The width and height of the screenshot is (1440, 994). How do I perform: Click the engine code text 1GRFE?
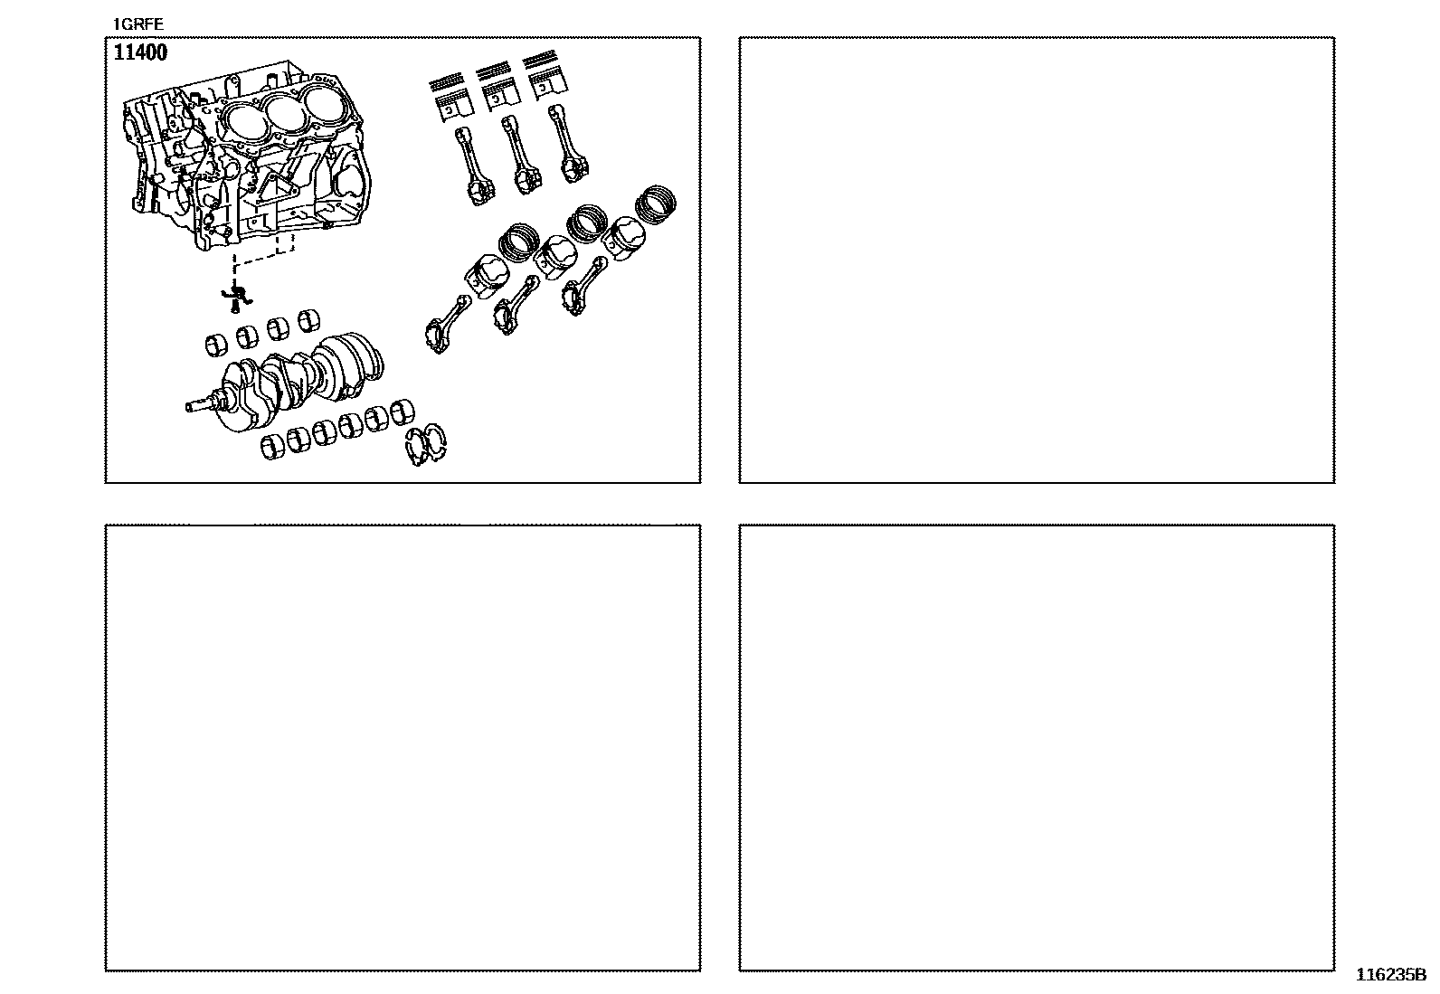point(138,24)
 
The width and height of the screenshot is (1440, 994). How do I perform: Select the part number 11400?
point(140,52)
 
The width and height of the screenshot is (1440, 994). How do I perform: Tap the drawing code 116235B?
point(1391,975)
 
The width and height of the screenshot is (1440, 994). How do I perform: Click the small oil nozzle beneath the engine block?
point(237,298)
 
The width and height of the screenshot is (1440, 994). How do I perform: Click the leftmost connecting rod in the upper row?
point(474,166)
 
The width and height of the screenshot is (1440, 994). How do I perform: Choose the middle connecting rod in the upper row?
point(521,155)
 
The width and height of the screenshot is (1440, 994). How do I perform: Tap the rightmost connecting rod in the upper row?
point(568,144)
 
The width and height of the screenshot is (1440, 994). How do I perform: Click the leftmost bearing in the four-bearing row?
point(217,345)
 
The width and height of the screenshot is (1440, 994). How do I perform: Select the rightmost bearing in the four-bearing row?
point(309,320)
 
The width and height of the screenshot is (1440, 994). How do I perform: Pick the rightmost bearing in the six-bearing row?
point(403,412)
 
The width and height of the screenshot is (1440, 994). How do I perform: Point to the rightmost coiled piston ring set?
point(655,204)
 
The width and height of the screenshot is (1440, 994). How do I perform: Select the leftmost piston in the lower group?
point(487,277)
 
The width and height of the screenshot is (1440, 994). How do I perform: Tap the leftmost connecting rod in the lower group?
point(447,324)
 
